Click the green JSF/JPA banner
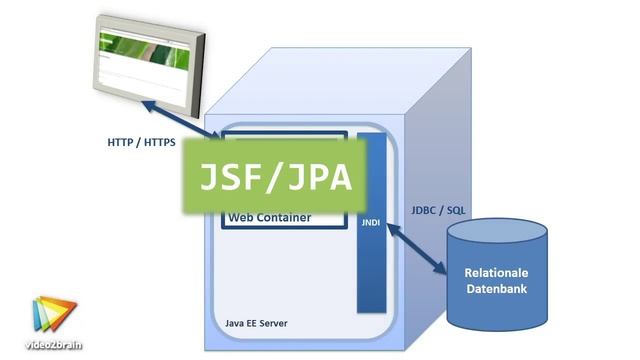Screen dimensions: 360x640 pyautogui.click(x=272, y=177)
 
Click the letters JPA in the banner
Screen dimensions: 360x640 pyautogui.click(x=315, y=177)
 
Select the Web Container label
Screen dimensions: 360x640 pyautogui.click(x=269, y=217)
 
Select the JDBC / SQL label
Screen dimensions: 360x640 pyautogui.click(x=438, y=211)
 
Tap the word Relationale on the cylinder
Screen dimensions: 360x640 pyautogui.click(x=497, y=272)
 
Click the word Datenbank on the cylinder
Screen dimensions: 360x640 pyautogui.click(x=497, y=290)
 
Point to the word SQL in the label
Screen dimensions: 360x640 pyautogui.click(x=455, y=211)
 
